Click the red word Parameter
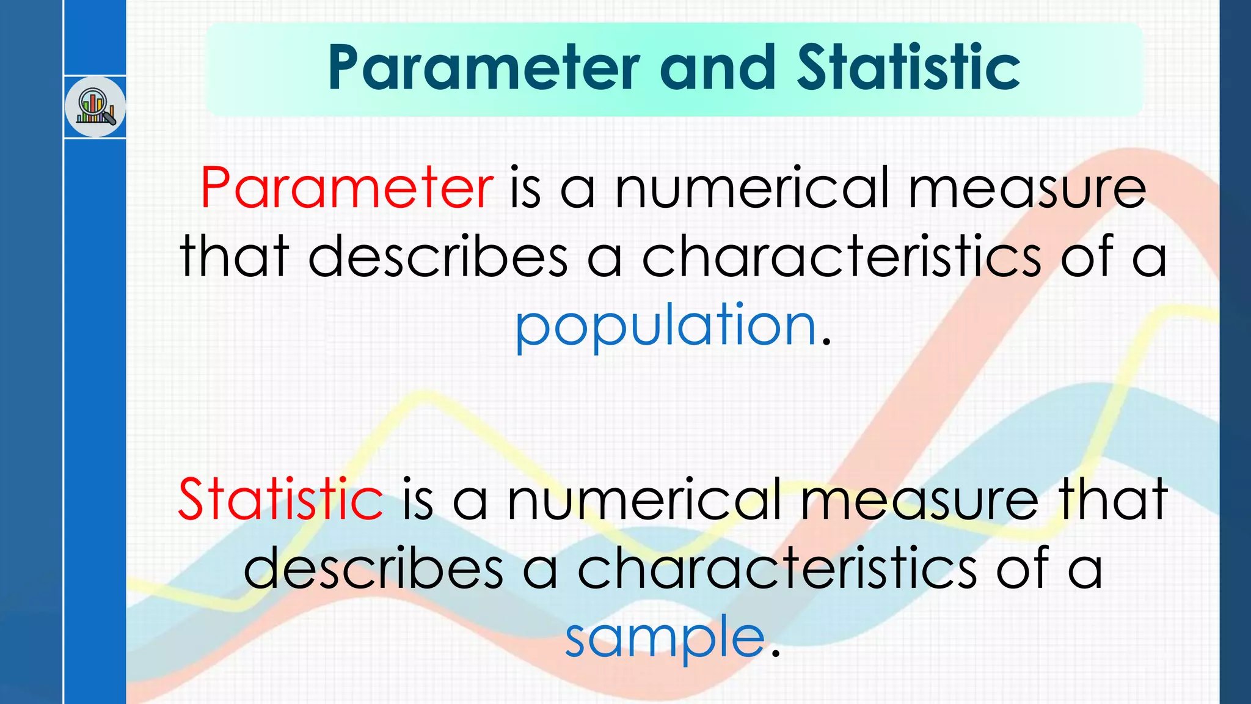[346, 188]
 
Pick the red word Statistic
[280, 499]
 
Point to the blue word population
[666, 326]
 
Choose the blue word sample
[665, 638]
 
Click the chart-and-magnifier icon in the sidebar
[95, 107]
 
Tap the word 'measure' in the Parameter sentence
[1027, 188]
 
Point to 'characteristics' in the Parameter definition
[841, 257]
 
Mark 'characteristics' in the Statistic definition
[777, 569]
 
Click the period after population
[826, 342]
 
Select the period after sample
[776, 654]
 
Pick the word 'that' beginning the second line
[234, 257]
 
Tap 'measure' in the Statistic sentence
[919, 499]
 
